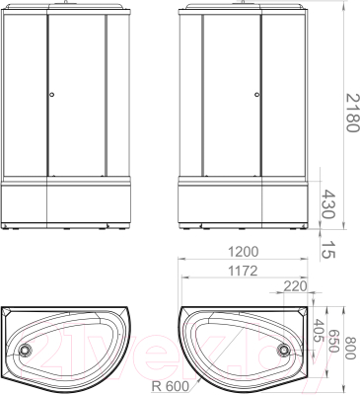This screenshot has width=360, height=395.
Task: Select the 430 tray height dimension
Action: click(x=338, y=205)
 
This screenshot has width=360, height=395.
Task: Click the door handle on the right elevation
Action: click(x=255, y=95)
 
